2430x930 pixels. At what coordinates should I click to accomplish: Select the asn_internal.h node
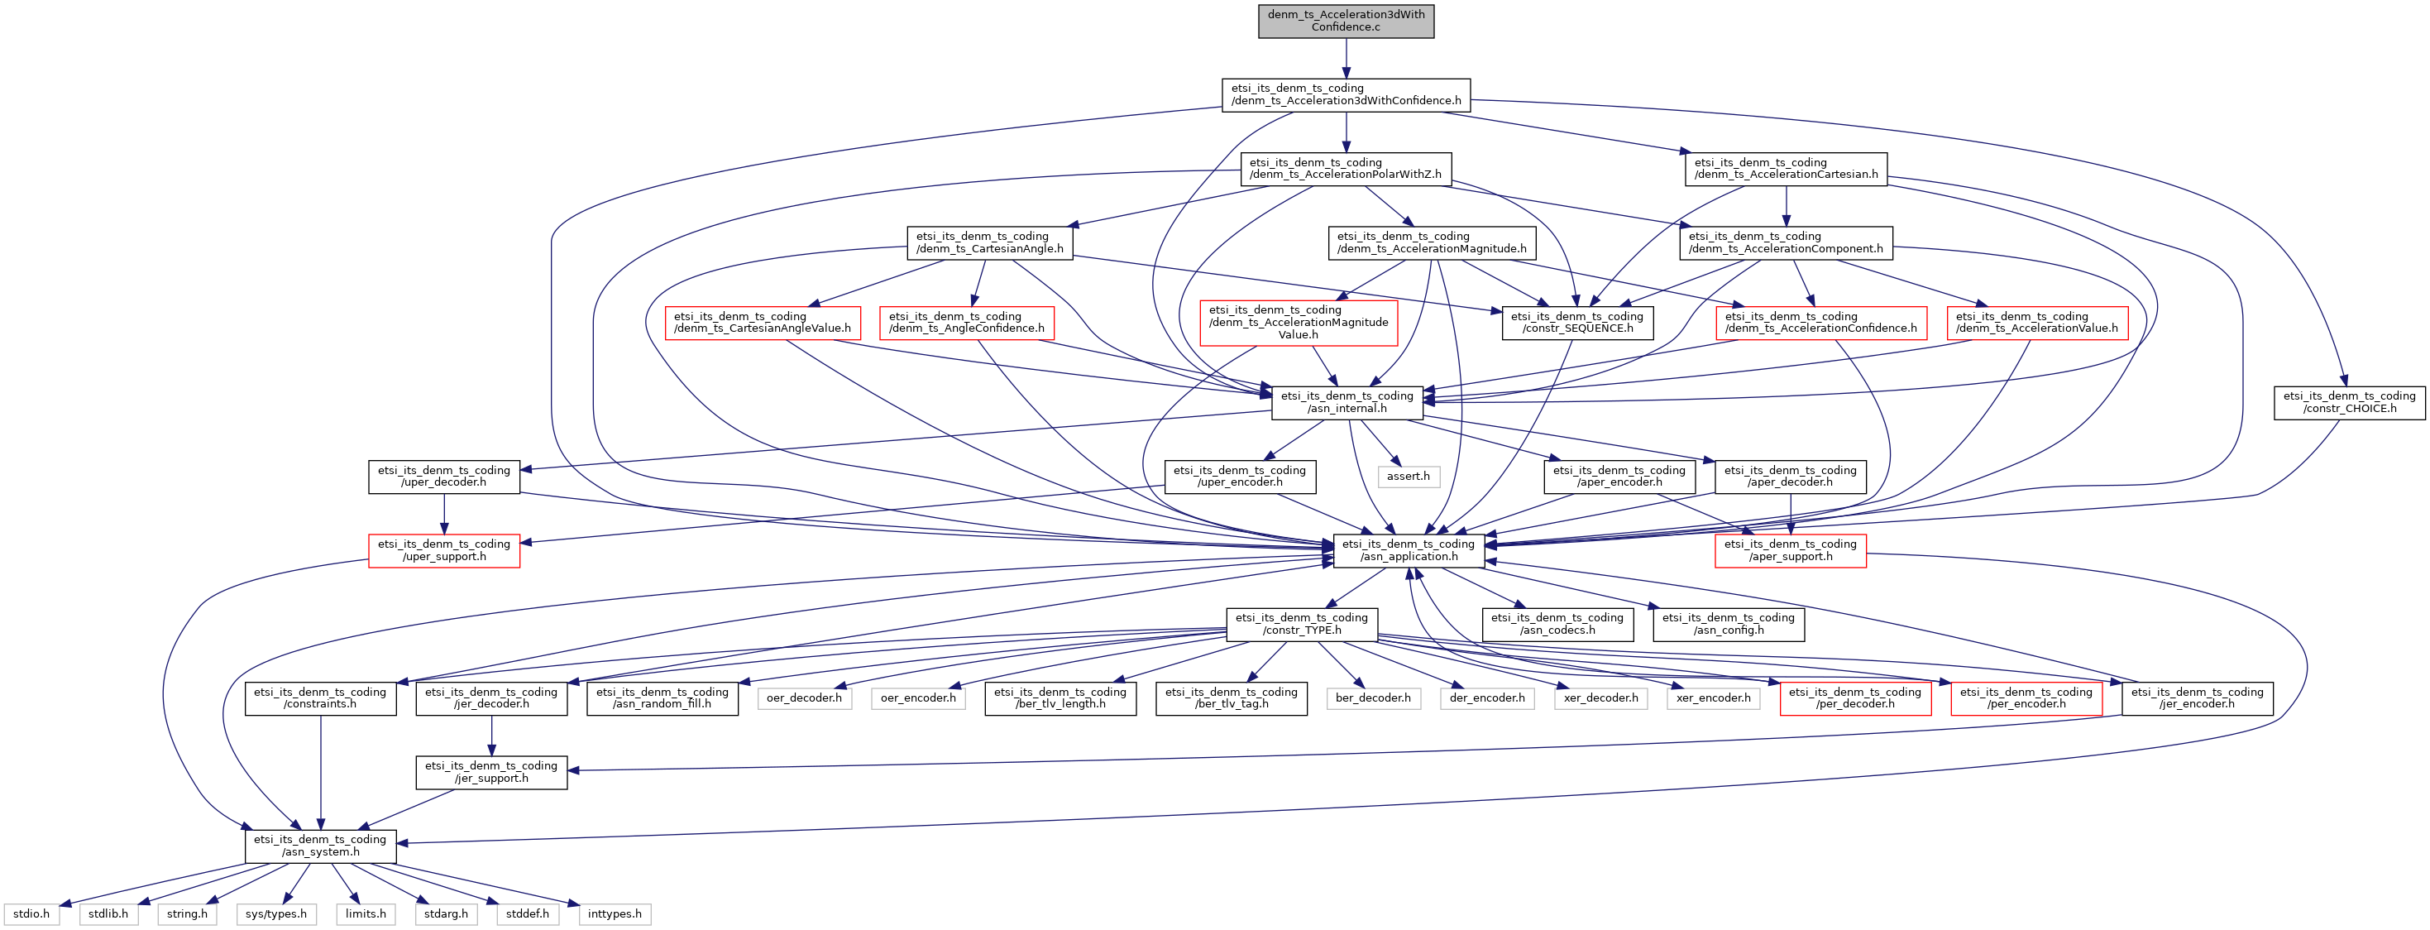point(1347,403)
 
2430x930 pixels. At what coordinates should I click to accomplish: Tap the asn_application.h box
point(1409,550)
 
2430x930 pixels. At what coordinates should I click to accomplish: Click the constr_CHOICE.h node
point(2349,403)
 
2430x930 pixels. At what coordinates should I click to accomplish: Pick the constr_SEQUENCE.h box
point(1576,323)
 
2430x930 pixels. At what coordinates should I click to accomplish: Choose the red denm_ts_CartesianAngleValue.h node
point(763,323)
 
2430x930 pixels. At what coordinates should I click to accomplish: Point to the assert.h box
point(1409,477)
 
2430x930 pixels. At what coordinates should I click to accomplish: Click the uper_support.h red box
point(443,550)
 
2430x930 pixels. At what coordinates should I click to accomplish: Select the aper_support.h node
point(1790,550)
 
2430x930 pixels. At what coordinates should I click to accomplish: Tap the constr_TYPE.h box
point(1302,625)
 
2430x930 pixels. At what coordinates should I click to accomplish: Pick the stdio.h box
point(31,914)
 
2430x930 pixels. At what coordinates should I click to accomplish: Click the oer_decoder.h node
point(804,698)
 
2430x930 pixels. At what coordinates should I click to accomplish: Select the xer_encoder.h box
point(1713,698)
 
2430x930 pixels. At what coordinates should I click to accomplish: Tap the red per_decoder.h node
point(1854,698)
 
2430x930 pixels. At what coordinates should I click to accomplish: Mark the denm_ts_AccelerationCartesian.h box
point(1786,169)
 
